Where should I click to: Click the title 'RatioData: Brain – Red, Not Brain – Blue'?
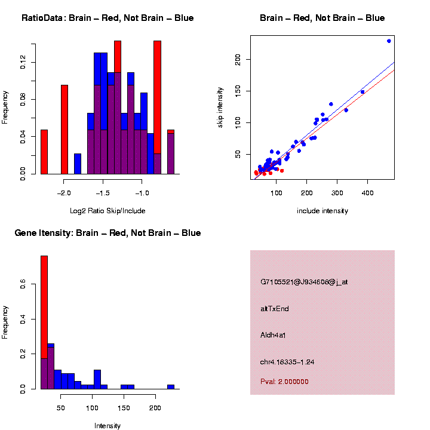(x=107, y=19)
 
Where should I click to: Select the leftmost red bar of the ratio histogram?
(x=44, y=152)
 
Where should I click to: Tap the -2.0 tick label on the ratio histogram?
(x=64, y=193)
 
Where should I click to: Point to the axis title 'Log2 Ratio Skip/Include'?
(x=107, y=211)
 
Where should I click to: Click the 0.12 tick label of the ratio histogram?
(x=23, y=62)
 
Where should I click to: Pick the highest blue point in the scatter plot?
(x=389, y=41)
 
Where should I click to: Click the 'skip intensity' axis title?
(x=221, y=107)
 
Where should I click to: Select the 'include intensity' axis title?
(x=322, y=211)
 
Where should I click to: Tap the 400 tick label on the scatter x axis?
(x=368, y=193)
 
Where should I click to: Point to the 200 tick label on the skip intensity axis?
(x=238, y=59)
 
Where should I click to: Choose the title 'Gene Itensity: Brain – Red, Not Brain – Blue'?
(x=107, y=233)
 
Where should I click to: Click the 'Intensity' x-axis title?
(x=107, y=426)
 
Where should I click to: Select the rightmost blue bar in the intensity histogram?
(x=170, y=386)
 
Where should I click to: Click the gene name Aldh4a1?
(x=274, y=335)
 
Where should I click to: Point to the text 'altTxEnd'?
(x=275, y=309)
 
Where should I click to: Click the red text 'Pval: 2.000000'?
(x=284, y=382)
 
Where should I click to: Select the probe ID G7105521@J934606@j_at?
(x=304, y=282)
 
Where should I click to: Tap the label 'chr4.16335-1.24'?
(x=287, y=362)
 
